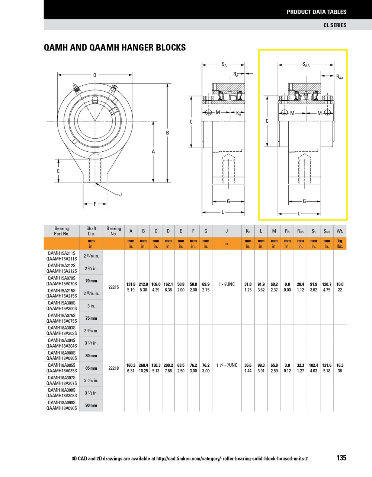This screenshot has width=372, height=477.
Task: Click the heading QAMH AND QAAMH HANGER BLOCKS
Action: (115, 48)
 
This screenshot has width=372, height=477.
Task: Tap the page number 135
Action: (341, 458)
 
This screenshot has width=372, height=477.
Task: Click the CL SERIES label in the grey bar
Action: (335, 25)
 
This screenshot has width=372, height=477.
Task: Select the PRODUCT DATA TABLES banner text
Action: (316, 12)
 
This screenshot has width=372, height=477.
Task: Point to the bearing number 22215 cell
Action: (113, 287)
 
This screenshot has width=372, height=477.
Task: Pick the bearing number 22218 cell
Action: (113, 368)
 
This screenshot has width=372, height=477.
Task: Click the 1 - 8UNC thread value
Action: (227, 284)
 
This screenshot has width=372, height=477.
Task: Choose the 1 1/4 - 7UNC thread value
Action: (227, 365)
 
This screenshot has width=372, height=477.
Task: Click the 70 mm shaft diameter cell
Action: (91, 281)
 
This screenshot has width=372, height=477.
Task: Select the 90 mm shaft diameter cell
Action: (91, 405)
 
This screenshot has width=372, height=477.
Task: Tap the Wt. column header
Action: (340, 231)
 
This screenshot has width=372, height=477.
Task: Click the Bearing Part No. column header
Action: (62, 231)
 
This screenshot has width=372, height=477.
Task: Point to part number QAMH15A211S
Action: (62, 253)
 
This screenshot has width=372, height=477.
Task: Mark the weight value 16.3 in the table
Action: (340, 366)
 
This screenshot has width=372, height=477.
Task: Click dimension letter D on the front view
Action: (95, 75)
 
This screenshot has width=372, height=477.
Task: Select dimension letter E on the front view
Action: (58, 171)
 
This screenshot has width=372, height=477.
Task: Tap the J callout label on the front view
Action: (121, 195)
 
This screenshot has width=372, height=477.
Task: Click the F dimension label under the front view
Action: (95, 204)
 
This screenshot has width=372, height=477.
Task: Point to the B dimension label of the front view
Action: (167, 133)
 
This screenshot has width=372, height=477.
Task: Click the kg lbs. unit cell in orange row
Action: (340, 244)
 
